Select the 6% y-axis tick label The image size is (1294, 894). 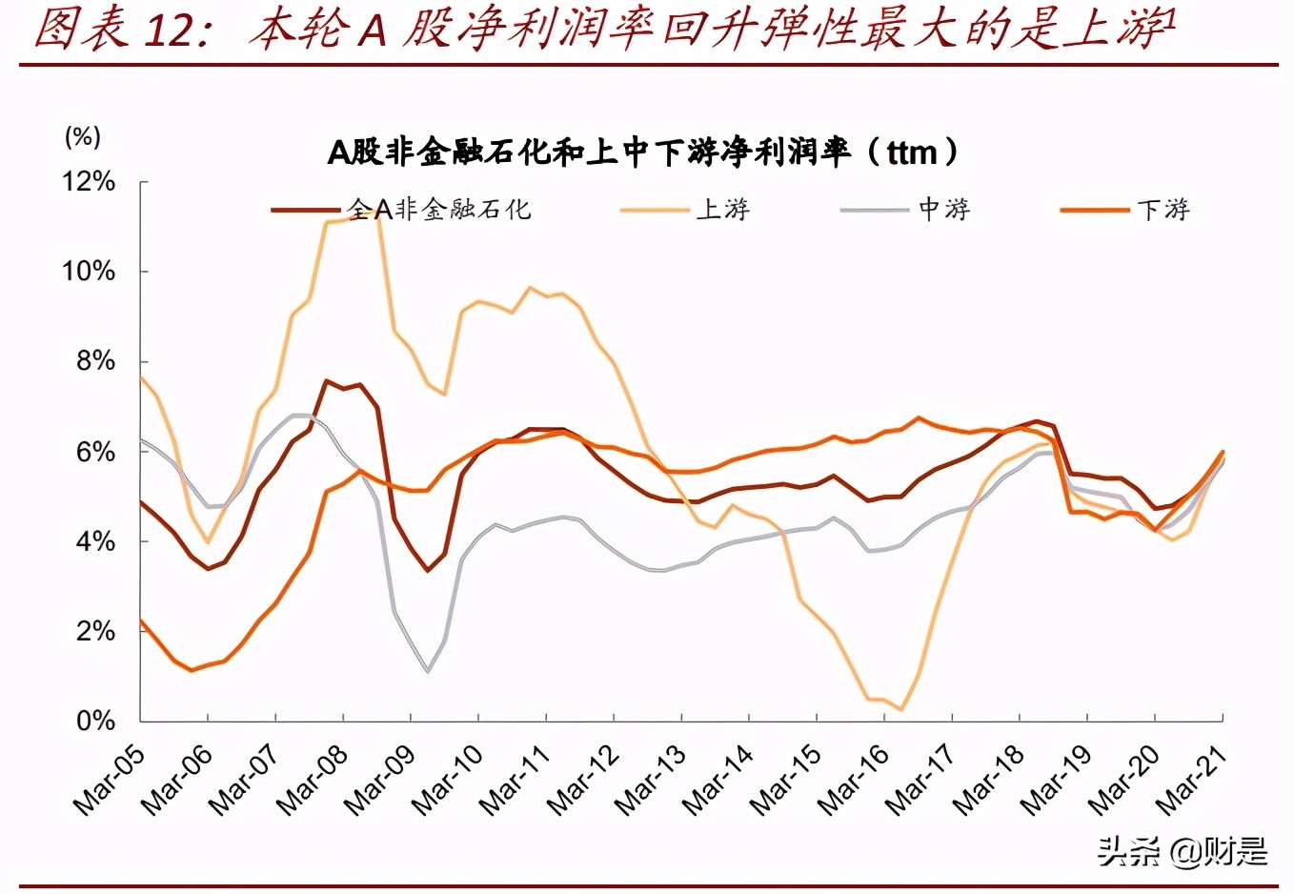[95, 451]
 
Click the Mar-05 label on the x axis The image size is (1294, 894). [110, 780]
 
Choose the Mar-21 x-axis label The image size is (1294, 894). [1191, 780]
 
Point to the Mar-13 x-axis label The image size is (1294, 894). [651, 780]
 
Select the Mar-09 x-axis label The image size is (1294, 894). [380, 780]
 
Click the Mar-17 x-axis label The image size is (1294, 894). [920, 780]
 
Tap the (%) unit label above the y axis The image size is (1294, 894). [82, 136]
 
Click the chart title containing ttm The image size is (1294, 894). [643, 152]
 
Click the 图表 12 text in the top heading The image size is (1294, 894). [114, 29]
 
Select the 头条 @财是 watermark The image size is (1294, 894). [1183, 851]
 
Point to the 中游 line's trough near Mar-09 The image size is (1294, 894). [428, 672]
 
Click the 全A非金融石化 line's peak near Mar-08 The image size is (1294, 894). [327, 381]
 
